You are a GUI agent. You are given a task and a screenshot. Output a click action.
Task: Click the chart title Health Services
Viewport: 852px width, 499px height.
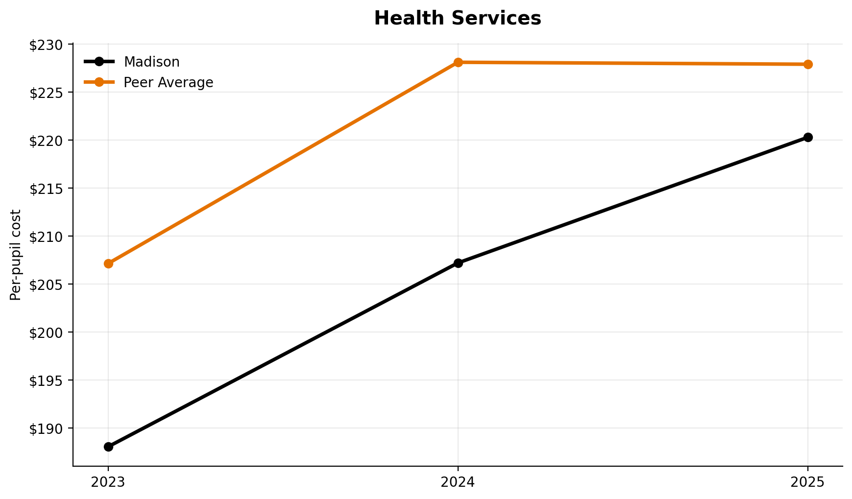tap(457, 19)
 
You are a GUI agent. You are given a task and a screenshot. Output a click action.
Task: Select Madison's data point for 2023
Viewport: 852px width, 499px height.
tap(108, 447)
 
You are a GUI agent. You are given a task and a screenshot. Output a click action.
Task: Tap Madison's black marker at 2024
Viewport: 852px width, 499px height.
tap(458, 263)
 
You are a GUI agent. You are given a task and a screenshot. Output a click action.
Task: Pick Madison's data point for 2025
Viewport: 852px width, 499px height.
tap(808, 137)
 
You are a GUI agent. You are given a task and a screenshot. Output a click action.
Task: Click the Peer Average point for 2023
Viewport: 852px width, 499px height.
tap(108, 263)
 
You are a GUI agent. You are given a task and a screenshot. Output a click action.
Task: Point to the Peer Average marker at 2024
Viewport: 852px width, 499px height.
tap(458, 62)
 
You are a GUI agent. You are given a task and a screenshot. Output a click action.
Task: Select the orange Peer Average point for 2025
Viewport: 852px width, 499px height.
tap(808, 64)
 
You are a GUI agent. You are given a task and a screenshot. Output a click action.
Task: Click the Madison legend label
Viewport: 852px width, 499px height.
tap(151, 62)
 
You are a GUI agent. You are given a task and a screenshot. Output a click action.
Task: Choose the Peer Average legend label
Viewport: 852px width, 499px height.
tap(168, 82)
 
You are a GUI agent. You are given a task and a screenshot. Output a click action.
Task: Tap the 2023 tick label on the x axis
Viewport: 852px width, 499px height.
tap(108, 482)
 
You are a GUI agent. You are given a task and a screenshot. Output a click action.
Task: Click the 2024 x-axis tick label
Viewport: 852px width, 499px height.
tap(458, 482)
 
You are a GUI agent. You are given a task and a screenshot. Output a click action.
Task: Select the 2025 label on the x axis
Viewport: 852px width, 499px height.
tap(808, 482)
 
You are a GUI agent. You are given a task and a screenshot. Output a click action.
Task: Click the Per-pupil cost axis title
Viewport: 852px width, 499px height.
tap(16, 255)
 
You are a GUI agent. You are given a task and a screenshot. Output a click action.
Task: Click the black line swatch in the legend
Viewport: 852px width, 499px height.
tap(99, 62)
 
